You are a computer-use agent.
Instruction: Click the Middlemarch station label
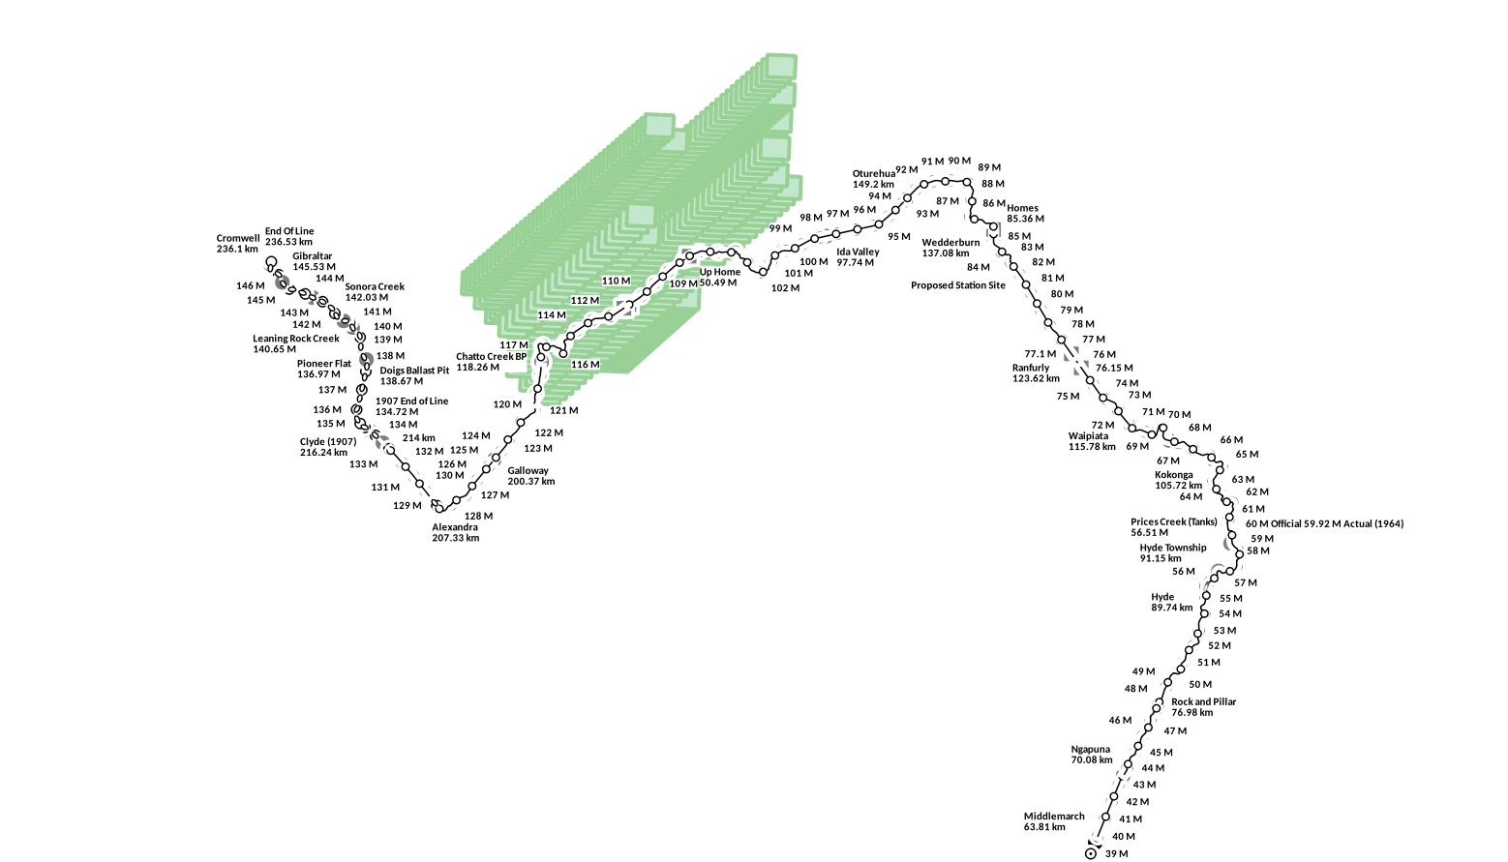pos(1053,821)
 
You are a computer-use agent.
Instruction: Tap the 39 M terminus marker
pos(1091,853)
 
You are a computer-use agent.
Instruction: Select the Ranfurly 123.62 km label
pos(1036,373)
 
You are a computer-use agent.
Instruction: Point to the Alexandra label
pos(455,533)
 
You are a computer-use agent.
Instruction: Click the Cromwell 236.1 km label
pos(238,244)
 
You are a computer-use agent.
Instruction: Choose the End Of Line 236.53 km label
pos(289,237)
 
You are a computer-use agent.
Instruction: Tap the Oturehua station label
pos(873,179)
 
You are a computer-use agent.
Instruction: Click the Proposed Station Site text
pos(957,285)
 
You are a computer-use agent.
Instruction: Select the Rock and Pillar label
pos(1203,707)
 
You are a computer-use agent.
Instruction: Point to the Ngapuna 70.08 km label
pos(1091,755)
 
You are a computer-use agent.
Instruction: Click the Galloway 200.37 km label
pos(530,476)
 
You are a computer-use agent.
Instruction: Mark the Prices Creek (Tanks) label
pos(1173,527)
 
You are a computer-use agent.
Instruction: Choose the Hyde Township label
pos(1172,552)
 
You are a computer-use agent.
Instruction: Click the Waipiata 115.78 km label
pos(1092,441)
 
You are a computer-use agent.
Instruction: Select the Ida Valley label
pos(858,257)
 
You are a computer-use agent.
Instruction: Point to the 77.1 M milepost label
pos(1041,354)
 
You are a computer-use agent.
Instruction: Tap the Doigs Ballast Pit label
pos(414,375)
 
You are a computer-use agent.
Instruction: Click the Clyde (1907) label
pos(328,447)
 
